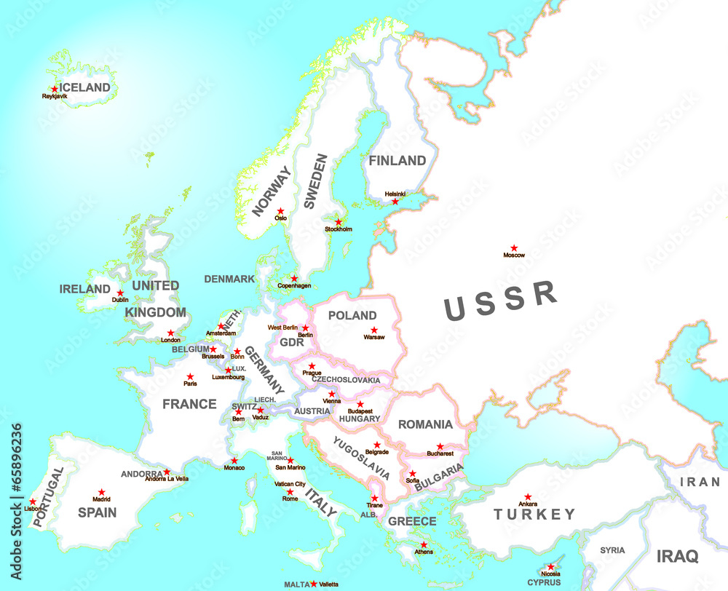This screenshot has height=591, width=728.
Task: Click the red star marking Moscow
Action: [513, 248]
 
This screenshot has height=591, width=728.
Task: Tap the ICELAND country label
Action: [84, 87]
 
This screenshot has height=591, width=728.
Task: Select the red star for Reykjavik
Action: [54, 89]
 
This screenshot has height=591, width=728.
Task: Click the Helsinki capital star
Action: [395, 202]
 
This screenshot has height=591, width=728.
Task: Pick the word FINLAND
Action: [397, 160]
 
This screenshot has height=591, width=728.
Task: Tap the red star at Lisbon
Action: [33, 501]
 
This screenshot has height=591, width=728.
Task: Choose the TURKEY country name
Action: [534, 515]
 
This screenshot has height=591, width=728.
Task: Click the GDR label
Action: [291, 342]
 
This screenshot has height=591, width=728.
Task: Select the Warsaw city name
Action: [373, 338]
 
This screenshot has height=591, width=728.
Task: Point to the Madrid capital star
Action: [102, 493]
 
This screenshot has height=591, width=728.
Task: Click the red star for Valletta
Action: [314, 584]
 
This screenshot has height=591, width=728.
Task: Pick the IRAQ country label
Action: [677, 557]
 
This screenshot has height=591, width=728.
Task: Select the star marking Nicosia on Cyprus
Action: [550, 567]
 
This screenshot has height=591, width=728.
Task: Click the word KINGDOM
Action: [156, 312]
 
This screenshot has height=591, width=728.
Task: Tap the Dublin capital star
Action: [121, 292]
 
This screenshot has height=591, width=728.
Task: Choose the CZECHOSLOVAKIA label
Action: [346, 380]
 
